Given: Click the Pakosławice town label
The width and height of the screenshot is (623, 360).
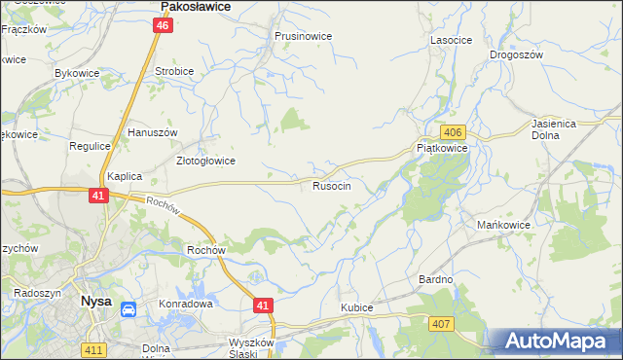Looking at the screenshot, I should [x=195, y=6].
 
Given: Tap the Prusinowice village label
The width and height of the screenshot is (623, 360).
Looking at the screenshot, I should [x=303, y=36].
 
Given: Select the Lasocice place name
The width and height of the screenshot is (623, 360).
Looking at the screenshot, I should [x=451, y=41].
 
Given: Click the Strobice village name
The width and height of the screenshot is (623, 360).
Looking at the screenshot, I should [x=175, y=71].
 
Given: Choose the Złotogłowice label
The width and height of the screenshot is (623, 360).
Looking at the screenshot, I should [x=204, y=161].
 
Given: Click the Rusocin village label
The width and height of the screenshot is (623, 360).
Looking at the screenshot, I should [x=331, y=185].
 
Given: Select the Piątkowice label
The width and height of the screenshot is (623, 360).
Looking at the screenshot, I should [x=442, y=148].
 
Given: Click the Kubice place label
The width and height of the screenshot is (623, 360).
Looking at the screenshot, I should [x=356, y=307].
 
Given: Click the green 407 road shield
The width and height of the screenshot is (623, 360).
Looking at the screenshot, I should [x=441, y=323].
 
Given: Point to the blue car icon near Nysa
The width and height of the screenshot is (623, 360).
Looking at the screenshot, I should [x=128, y=309].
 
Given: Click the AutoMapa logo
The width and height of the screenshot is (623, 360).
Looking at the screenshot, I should [x=556, y=341].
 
